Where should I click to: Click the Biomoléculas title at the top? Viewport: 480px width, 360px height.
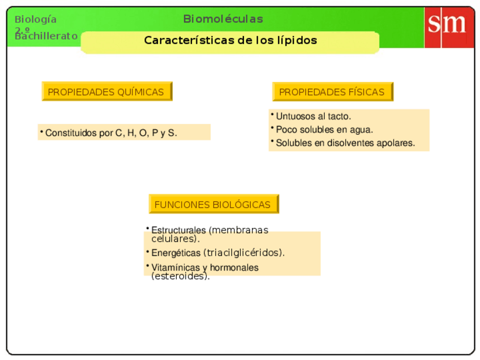coord(223,19)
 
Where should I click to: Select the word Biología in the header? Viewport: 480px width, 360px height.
coord(36,19)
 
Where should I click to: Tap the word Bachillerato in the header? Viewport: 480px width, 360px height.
coord(46,36)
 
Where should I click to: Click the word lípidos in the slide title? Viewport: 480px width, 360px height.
coord(297,40)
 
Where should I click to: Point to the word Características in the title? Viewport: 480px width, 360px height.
coord(181,40)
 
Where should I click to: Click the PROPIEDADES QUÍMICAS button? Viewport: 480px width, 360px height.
coord(106,92)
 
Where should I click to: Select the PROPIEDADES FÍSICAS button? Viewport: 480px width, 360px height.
coord(332,92)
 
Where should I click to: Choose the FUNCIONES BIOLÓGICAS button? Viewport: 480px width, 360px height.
coord(213,204)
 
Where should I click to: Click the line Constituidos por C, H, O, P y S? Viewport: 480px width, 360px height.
coord(111,133)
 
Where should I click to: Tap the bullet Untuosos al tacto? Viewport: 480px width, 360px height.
coord(313,116)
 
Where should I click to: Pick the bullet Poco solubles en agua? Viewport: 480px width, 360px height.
coord(324,130)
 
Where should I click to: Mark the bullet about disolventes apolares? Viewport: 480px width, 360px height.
coord(345,143)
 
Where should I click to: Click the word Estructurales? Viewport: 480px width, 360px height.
coord(178,230)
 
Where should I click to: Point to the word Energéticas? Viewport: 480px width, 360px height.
coord(175,253)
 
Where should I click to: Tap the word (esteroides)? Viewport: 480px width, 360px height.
coord(180,277)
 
